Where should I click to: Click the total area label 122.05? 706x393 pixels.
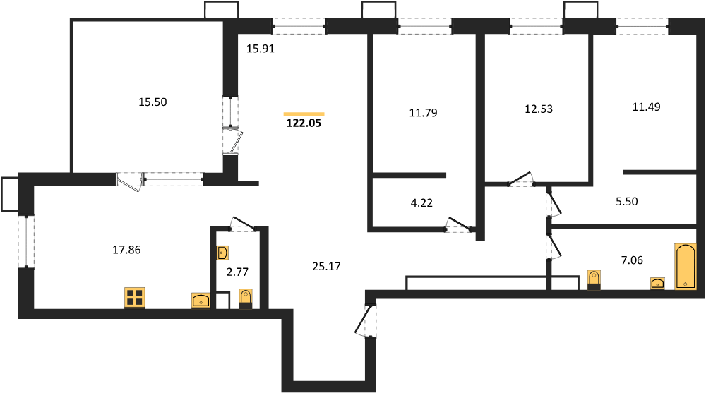[304, 123]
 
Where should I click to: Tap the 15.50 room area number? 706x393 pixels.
[152, 102]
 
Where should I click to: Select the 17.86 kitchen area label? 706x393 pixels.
[126, 250]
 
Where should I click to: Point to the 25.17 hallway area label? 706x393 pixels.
[326, 267]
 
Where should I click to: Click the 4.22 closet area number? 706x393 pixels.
[421, 203]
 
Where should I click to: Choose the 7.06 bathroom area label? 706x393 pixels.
[632, 260]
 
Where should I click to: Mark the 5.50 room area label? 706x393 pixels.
[627, 202]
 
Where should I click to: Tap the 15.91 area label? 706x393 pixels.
[261, 49]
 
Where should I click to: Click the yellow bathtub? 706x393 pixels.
[686, 266]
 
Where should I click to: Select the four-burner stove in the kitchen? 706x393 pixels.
[135, 298]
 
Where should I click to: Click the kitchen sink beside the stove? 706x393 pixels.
[201, 301]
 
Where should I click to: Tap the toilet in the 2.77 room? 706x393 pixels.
[246, 299]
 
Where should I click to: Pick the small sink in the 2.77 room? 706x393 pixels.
[222, 253]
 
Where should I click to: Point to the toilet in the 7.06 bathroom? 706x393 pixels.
[594, 279]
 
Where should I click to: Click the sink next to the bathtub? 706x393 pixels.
[658, 284]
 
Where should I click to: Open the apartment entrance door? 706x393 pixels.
[365, 320]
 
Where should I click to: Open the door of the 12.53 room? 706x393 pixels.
[521, 179]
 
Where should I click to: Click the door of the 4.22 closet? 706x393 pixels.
[460, 224]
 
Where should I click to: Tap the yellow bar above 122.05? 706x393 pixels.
[304, 114]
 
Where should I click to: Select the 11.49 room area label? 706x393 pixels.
[646, 107]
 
